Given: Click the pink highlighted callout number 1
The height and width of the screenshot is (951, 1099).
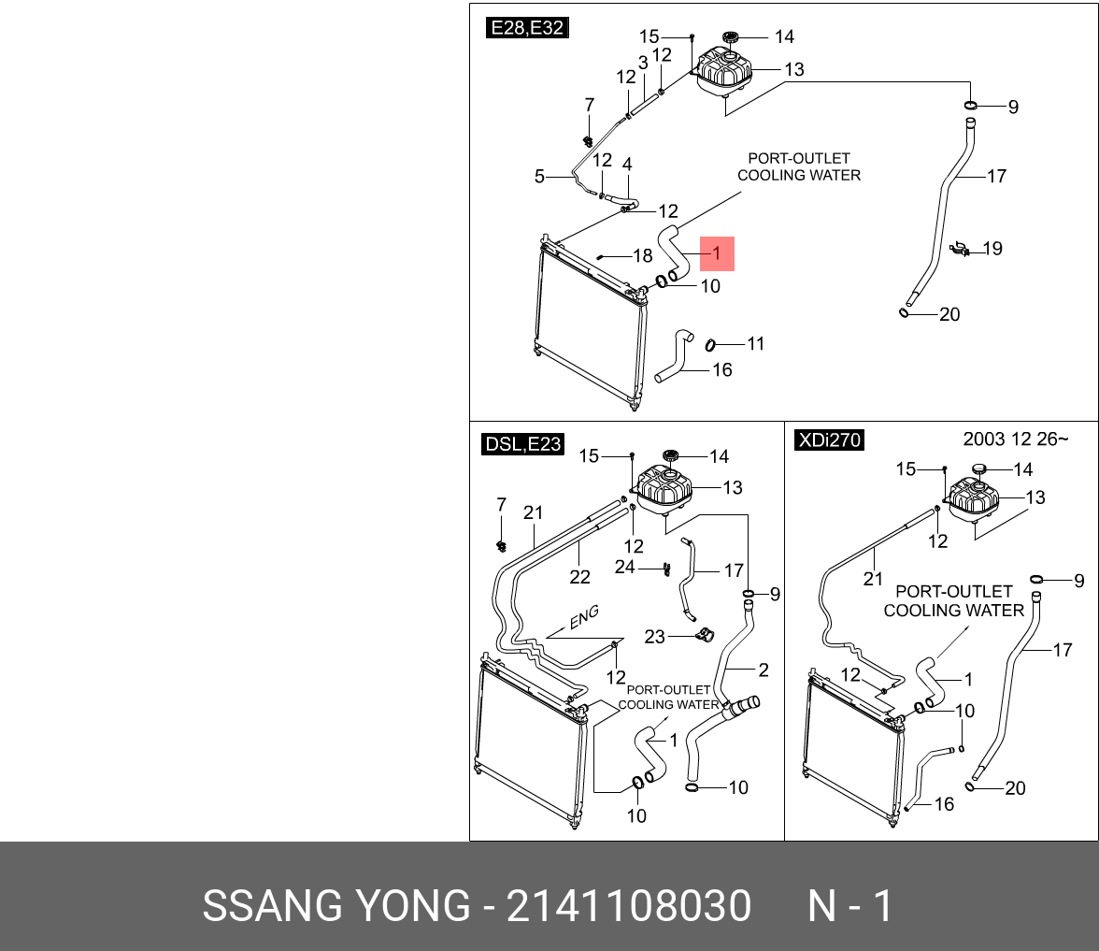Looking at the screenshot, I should [x=717, y=253].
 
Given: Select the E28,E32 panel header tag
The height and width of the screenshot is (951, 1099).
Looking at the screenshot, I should [x=527, y=28].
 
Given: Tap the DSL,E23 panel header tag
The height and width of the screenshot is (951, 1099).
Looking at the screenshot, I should [x=523, y=444].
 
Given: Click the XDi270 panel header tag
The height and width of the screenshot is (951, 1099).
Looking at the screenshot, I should [x=829, y=439].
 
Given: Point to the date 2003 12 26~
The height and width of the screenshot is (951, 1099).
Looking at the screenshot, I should [x=1015, y=439].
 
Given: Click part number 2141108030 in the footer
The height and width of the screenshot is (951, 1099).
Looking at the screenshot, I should [x=628, y=906].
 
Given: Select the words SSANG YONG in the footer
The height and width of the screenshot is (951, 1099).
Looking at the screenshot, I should [x=336, y=906].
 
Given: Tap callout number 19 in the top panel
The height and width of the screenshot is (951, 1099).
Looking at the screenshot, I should [x=992, y=249].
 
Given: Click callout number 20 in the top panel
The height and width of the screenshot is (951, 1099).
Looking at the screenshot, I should [x=949, y=315].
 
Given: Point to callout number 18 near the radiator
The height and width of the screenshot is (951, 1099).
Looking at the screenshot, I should [x=643, y=256].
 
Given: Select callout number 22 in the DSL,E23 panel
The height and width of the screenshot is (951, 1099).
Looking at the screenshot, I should [x=579, y=577].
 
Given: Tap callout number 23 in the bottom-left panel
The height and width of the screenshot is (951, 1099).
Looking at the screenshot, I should [x=654, y=637].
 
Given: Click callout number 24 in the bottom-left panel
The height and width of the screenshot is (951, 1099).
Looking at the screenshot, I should [x=624, y=567].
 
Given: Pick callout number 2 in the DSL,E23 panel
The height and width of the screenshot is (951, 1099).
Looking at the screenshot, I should [x=764, y=670].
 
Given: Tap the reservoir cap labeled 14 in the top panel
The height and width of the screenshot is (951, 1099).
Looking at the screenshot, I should [x=731, y=37].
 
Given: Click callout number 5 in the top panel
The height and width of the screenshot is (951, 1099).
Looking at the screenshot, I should [x=539, y=176].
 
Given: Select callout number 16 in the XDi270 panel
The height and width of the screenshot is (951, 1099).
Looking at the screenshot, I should [x=944, y=803].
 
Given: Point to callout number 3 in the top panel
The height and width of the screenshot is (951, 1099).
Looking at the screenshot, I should [x=643, y=63].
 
